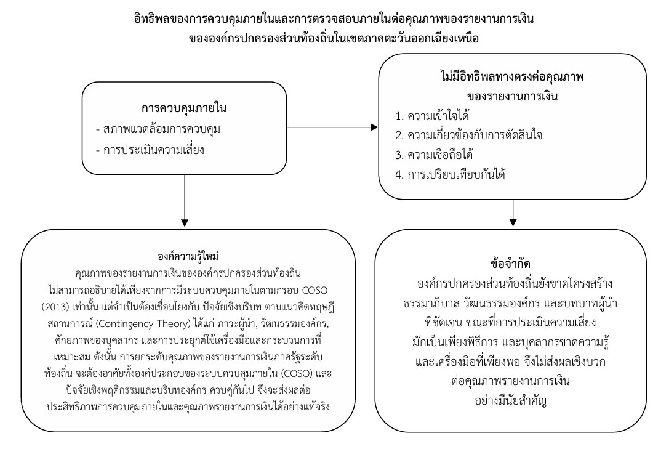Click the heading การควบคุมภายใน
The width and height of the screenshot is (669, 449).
pyautogui.click(x=184, y=108)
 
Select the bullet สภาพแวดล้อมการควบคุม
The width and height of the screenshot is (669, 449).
pyautogui.click(x=158, y=129)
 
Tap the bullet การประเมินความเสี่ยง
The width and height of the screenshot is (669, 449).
pyautogui.click(x=150, y=150)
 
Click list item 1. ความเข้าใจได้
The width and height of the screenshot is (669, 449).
pyautogui.click(x=432, y=116)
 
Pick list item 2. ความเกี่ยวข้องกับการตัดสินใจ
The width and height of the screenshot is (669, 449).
pyautogui.click(x=468, y=136)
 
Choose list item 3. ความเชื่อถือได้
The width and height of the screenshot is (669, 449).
pyautogui.click(x=434, y=155)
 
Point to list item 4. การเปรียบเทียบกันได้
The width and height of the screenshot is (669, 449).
pyautogui.click(x=450, y=174)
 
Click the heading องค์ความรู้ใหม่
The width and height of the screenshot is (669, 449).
pyautogui.click(x=188, y=256)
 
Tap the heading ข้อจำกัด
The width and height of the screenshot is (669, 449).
pyautogui.click(x=511, y=264)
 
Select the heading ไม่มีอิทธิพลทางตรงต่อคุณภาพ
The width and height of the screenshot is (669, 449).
pyautogui.click(x=512, y=77)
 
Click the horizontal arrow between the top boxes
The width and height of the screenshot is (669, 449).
pyautogui.click(x=332, y=127)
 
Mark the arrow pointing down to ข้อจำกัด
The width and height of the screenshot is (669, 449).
pyautogui.click(x=513, y=213)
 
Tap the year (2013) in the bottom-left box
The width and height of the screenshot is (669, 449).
pyautogui.click(x=55, y=307)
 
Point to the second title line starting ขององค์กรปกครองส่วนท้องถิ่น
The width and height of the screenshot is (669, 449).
pyautogui.click(x=334, y=38)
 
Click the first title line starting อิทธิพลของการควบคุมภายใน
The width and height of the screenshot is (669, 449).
pyautogui.click(x=334, y=18)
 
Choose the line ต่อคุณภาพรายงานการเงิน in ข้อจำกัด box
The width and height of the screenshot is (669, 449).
pyautogui.click(x=511, y=381)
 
